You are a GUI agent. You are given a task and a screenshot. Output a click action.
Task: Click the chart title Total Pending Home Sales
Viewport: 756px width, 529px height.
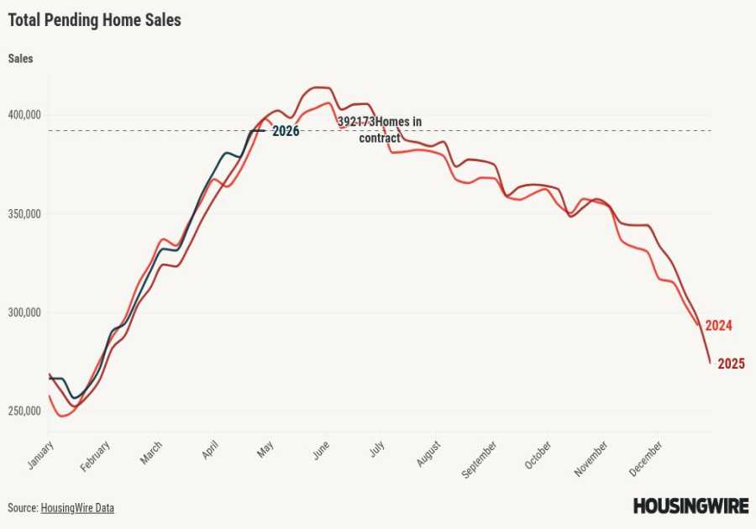tap(94, 20)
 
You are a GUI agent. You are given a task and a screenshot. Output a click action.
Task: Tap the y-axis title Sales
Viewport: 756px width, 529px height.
tap(21, 59)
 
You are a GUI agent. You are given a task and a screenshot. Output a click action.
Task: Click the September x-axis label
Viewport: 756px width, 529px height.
tap(480, 458)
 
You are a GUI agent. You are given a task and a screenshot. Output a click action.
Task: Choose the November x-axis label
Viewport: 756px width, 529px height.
tap(591, 458)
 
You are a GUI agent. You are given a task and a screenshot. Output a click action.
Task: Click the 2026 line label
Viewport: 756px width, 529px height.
tap(286, 131)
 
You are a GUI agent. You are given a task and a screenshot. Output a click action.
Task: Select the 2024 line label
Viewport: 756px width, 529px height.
tap(718, 326)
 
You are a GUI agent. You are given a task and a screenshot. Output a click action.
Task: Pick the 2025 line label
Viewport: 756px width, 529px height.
tap(731, 364)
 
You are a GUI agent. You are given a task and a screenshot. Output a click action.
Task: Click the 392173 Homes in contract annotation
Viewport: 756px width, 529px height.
tap(380, 129)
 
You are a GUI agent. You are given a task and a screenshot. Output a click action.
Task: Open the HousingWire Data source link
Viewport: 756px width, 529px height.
tap(77, 508)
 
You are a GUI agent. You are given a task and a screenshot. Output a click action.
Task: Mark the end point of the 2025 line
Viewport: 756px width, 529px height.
tap(711, 363)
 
